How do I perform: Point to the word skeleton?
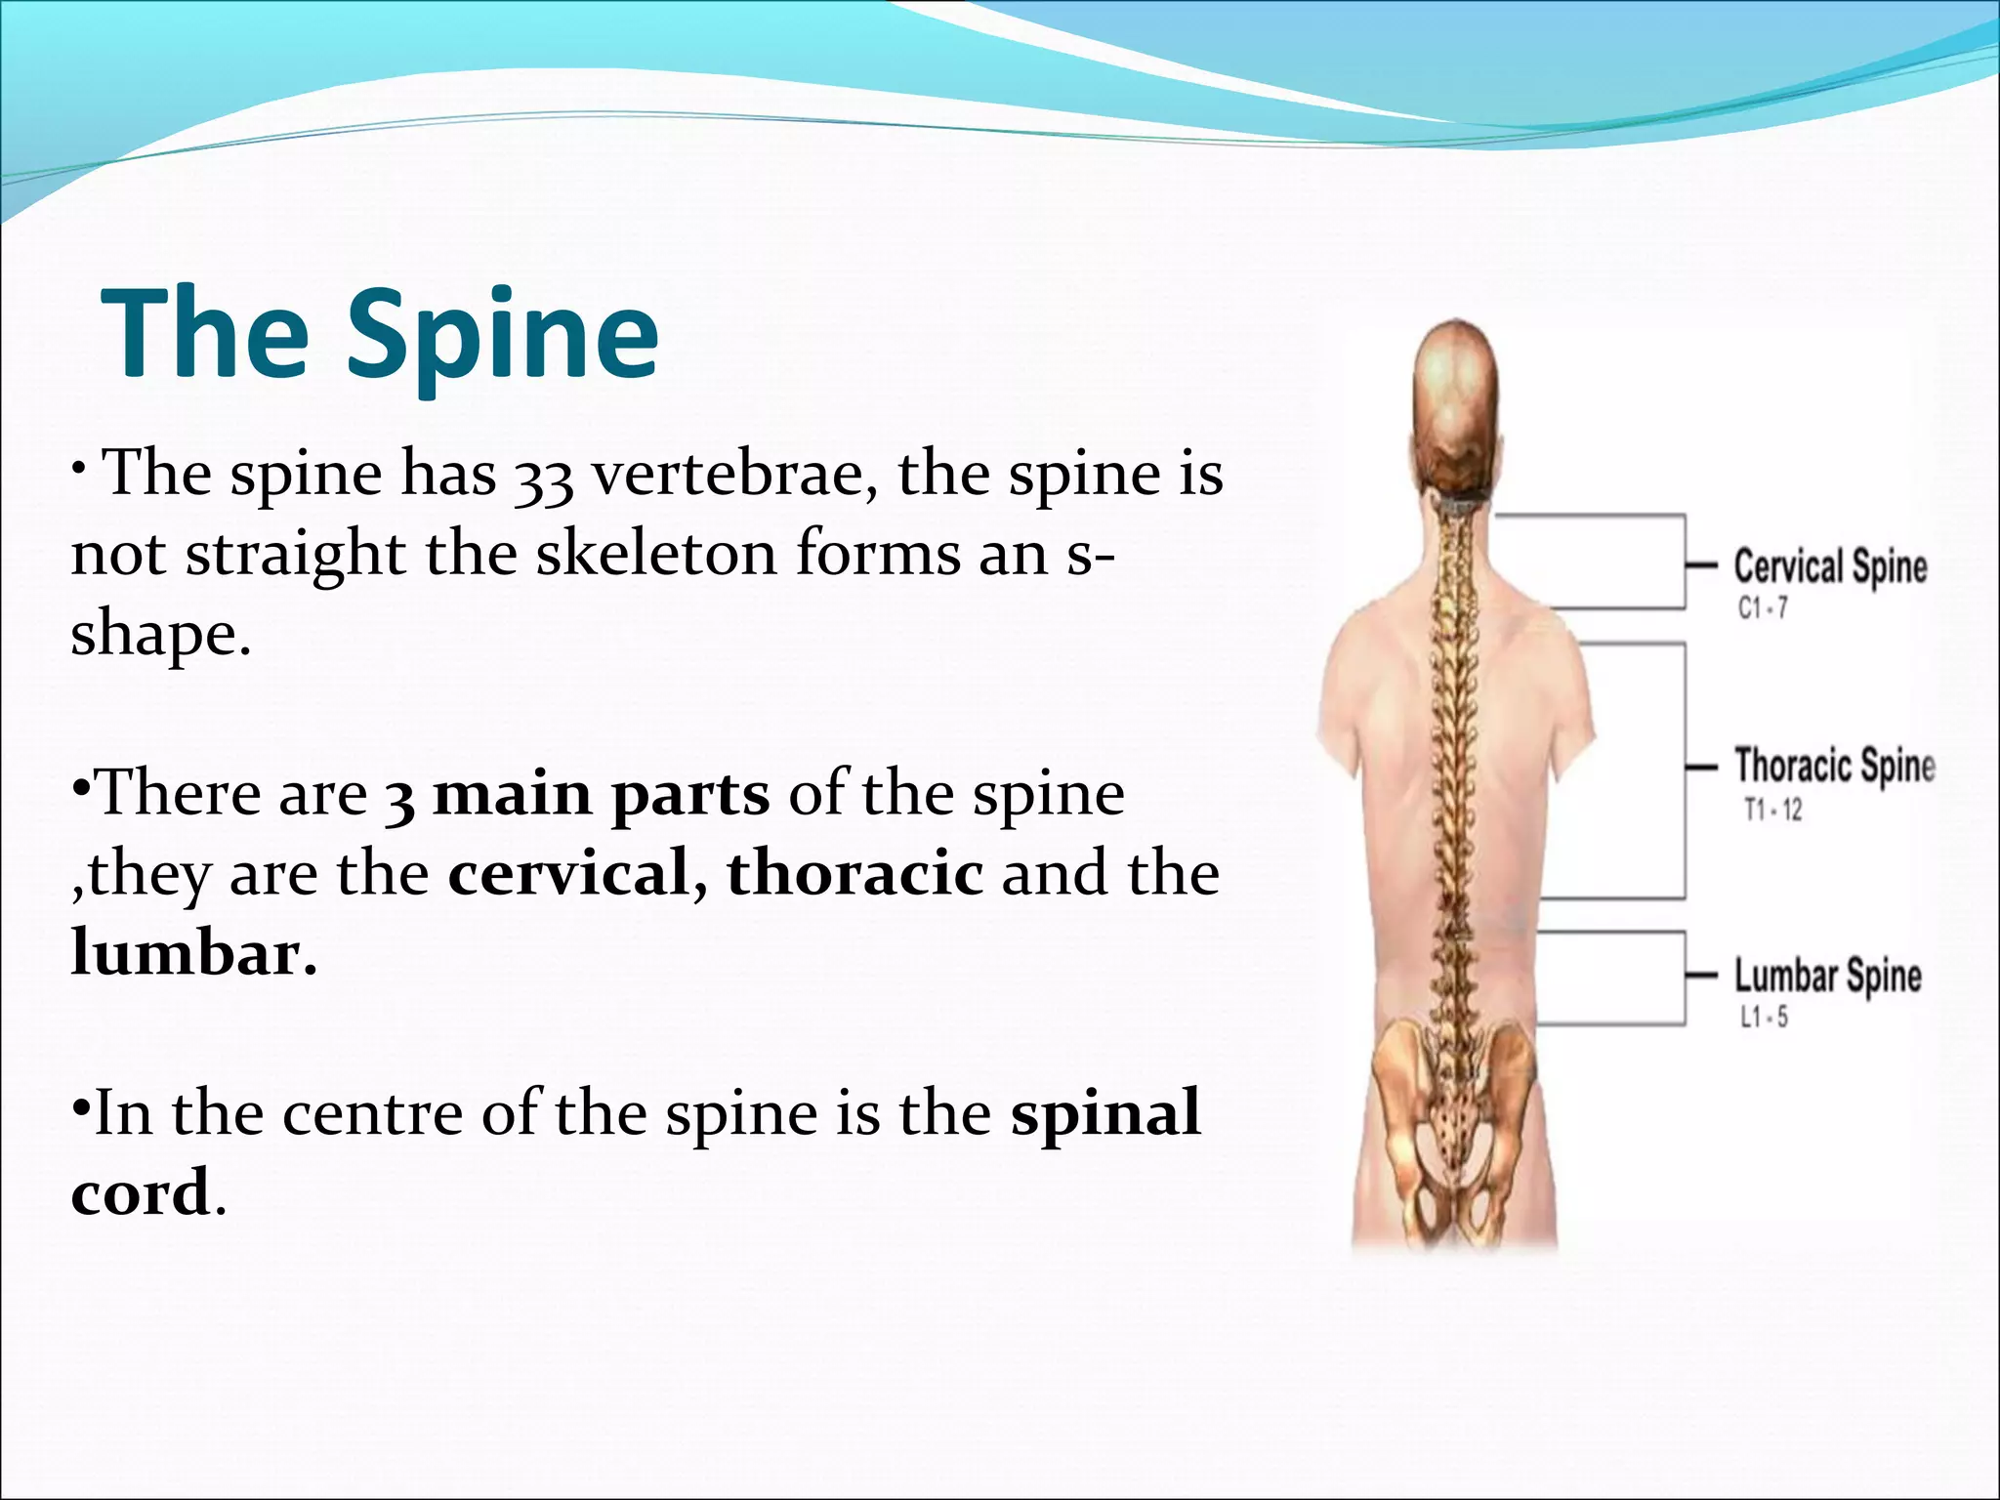pos(655,554)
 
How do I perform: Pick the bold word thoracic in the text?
pos(854,873)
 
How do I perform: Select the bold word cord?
pos(141,1192)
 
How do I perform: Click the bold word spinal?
pos(1105,1113)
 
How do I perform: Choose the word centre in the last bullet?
pos(372,1113)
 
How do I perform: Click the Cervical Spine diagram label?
pos(1829,567)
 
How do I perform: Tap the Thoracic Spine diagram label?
pos(1834,766)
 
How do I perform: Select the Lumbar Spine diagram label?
pos(1827,976)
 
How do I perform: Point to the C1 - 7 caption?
pos(1763,609)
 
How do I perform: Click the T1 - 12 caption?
pos(1772,810)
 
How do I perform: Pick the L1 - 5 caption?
pos(1764,1018)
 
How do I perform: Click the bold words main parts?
pos(601,794)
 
